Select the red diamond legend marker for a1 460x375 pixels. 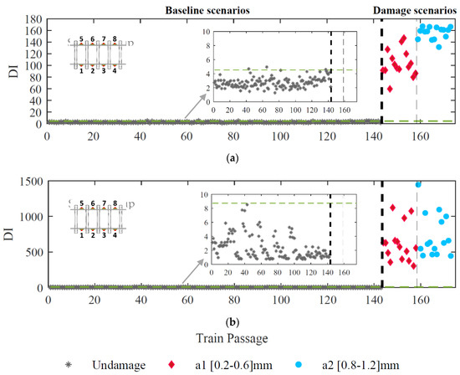172,364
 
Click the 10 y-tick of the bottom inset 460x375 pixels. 207,194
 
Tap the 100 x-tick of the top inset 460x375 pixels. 295,110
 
